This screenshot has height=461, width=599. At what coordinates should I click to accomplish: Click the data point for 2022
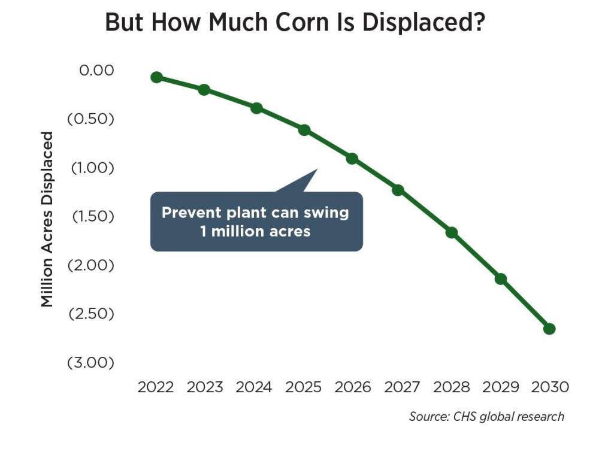coord(156,77)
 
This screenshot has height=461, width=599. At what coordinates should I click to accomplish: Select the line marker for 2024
coord(256,108)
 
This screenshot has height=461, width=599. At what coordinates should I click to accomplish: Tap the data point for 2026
coord(352,159)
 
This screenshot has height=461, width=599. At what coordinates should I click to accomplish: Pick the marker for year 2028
coord(452,232)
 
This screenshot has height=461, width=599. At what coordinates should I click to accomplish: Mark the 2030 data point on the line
coord(549,329)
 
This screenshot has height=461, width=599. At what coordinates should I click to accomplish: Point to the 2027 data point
coord(398,190)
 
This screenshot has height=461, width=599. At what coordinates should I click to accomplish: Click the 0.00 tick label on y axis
coord(96,70)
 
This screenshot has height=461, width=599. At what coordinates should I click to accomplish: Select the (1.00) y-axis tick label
coord(92,168)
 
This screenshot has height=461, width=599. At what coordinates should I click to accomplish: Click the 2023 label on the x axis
coord(205,387)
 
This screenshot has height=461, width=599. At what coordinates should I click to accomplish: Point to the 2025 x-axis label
coord(303,387)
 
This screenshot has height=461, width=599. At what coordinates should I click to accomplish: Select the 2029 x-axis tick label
coord(501,387)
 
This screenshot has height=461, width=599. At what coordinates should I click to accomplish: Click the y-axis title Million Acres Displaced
coord(47,219)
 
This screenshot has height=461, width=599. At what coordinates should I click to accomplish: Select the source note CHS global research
coord(486,416)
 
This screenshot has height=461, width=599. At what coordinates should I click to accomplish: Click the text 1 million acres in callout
coord(256,231)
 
